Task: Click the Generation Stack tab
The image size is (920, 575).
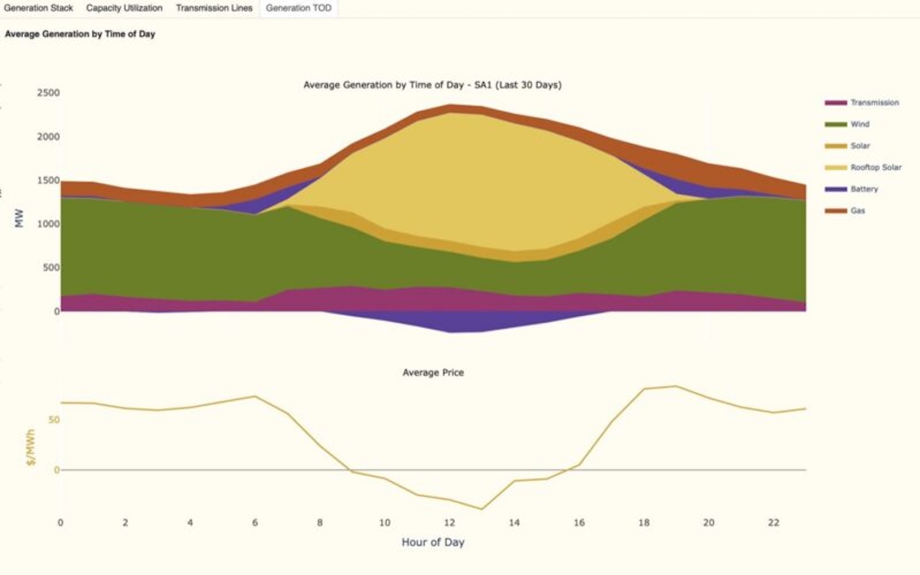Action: (38, 8)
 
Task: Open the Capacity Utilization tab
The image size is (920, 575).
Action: (124, 8)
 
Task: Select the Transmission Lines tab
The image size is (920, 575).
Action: (214, 8)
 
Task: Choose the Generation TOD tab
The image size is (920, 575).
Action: (298, 8)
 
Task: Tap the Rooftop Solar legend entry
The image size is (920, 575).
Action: (863, 168)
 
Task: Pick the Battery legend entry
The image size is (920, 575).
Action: (852, 189)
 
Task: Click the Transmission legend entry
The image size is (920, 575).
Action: (862, 103)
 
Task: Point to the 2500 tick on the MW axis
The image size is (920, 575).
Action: (48, 92)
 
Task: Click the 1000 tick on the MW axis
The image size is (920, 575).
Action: (48, 224)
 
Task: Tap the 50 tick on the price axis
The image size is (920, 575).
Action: (54, 420)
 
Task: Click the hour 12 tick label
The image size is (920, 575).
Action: (449, 523)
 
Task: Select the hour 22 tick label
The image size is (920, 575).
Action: (773, 523)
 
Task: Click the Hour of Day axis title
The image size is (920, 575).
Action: (433, 542)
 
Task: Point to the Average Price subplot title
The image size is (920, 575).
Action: (433, 373)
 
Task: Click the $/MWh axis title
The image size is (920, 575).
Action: (31, 447)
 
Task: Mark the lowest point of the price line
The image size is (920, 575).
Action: (481, 510)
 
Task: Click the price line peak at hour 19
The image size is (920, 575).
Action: (676, 386)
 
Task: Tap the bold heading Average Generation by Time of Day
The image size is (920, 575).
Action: (80, 34)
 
